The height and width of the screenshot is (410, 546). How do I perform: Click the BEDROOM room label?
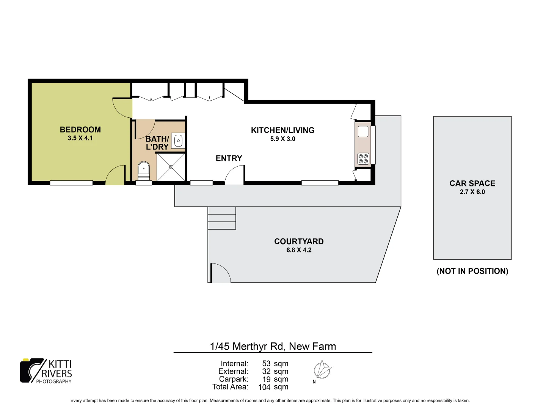pyautogui.click(x=80, y=129)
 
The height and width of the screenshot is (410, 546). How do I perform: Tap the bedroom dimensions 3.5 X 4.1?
pyautogui.click(x=80, y=138)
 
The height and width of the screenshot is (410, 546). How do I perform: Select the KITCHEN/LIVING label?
pyautogui.click(x=282, y=130)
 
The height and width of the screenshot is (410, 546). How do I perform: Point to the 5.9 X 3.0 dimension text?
pyautogui.click(x=282, y=139)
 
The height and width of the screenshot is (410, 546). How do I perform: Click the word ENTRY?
pyautogui.click(x=229, y=158)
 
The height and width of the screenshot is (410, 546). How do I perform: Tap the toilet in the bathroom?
pyautogui.click(x=144, y=170)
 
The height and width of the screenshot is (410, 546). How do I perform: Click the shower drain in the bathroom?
pyautogui.click(x=171, y=167)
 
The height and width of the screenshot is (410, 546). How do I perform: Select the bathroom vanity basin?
pyautogui.click(x=178, y=140)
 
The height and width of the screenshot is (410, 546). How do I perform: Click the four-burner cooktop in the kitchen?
pyautogui.click(x=363, y=159)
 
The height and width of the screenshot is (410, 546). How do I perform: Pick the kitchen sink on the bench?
pyautogui.click(x=363, y=131)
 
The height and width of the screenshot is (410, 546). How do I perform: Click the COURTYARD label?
pyautogui.click(x=299, y=241)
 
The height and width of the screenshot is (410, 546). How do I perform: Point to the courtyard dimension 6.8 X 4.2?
pyautogui.click(x=299, y=250)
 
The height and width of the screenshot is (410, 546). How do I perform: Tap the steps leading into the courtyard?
pyautogui.click(x=222, y=218)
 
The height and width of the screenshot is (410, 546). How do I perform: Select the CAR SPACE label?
pyautogui.click(x=472, y=183)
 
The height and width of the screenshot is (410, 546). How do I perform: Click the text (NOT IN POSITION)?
pyautogui.click(x=472, y=271)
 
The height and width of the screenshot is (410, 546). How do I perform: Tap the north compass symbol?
pyautogui.click(x=323, y=370)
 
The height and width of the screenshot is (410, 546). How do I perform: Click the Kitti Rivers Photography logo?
pyautogui.click(x=46, y=371)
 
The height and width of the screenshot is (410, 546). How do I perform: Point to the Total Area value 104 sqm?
pyautogui.click(x=273, y=387)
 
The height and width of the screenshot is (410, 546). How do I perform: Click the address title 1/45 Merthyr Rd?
pyautogui.click(x=273, y=346)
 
